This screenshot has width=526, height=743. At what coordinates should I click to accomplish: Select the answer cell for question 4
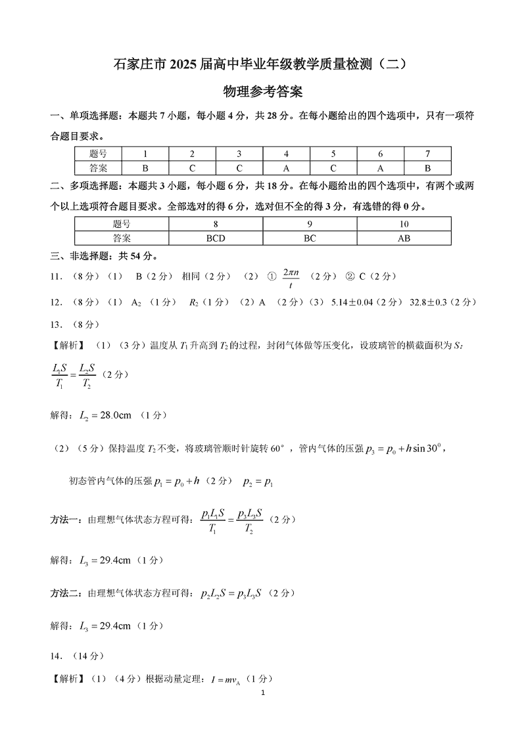tap(286, 168)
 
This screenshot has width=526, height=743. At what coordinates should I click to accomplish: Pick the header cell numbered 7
tap(427, 154)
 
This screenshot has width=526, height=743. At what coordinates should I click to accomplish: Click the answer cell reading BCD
tap(216, 238)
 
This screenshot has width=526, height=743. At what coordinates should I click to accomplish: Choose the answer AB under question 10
tap(404, 238)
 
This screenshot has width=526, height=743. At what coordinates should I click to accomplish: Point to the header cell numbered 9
tap(310, 224)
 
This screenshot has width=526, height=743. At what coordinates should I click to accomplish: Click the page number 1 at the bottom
tap(263, 694)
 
